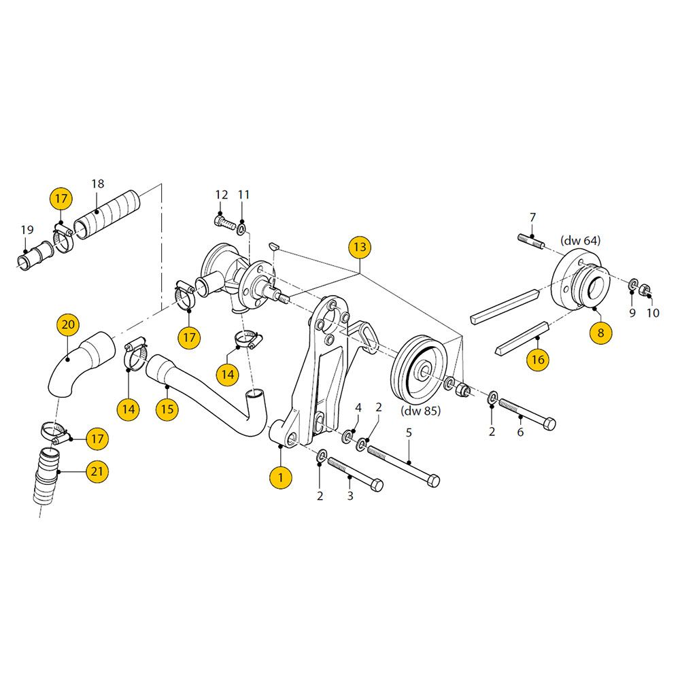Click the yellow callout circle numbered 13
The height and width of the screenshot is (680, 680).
[360, 248]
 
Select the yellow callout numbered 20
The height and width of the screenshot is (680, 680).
[68, 324]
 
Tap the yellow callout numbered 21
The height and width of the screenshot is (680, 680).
[97, 471]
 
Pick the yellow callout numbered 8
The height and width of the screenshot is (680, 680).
[600, 333]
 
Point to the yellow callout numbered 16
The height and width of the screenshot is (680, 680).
[538, 360]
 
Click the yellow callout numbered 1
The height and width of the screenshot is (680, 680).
[281, 477]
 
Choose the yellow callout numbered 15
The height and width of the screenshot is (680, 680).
[167, 409]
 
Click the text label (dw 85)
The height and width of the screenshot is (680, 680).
[421, 411]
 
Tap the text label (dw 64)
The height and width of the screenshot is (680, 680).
[580, 240]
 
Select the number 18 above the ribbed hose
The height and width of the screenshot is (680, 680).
[97, 184]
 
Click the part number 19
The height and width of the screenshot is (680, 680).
[27, 230]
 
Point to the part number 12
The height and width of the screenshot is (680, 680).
[222, 194]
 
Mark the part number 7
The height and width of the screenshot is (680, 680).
[532, 218]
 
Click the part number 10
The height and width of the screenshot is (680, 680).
[653, 313]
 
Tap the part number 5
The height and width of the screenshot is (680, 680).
[409, 432]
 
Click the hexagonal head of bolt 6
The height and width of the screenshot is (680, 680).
[549, 423]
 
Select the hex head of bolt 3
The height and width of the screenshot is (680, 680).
[377, 485]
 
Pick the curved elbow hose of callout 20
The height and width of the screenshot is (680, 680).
[80, 364]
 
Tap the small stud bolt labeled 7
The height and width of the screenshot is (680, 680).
[530, 241]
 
